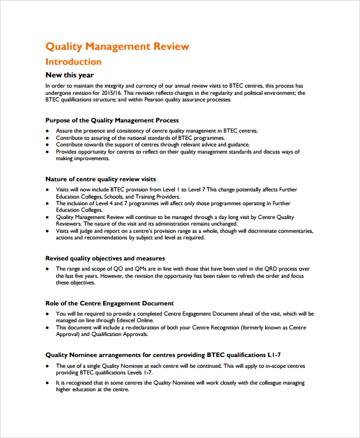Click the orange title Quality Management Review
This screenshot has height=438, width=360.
[118, 46]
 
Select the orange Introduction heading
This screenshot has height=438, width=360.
[74, 62]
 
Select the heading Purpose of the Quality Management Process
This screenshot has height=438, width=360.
[112, 121]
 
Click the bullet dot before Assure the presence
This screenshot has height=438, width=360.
[48, 130]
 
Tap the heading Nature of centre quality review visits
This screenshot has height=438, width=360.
[101, 179]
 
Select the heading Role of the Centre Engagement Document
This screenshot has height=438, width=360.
[110, 303]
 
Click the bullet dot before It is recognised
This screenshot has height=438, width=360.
[48, 382]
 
